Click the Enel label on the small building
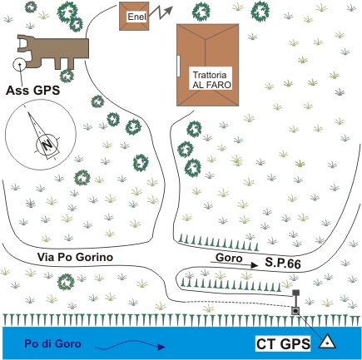[136, 17]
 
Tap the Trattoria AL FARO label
[212, 80]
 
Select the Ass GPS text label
[33, 91]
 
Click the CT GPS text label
[283, 344]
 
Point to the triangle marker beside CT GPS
[327, 342]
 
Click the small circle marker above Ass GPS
[19, 65]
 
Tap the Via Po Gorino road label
[75, 257]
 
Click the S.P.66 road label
[283, 263]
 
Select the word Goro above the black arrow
[229, 258]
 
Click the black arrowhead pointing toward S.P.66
[254, 265]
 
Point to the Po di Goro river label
[52, 344]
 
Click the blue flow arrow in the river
[131, 344]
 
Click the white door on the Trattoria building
[179, 66]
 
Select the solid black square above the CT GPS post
[296, 293]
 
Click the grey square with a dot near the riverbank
[295, 311]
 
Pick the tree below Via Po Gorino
[66, 282]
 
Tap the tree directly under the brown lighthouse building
[67, 76]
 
